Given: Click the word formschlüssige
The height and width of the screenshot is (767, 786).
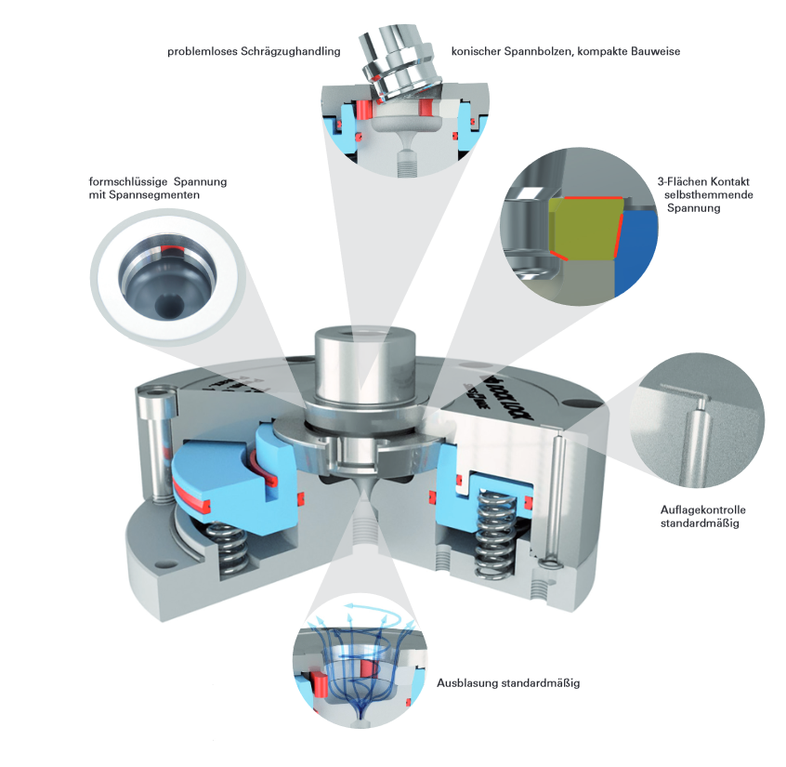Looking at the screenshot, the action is point(128,181).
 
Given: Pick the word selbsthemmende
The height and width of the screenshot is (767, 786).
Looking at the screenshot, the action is point(708,194).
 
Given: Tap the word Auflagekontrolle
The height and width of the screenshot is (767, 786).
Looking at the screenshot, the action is point(702,510).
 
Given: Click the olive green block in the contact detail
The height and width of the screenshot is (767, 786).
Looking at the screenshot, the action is point(584,229).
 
